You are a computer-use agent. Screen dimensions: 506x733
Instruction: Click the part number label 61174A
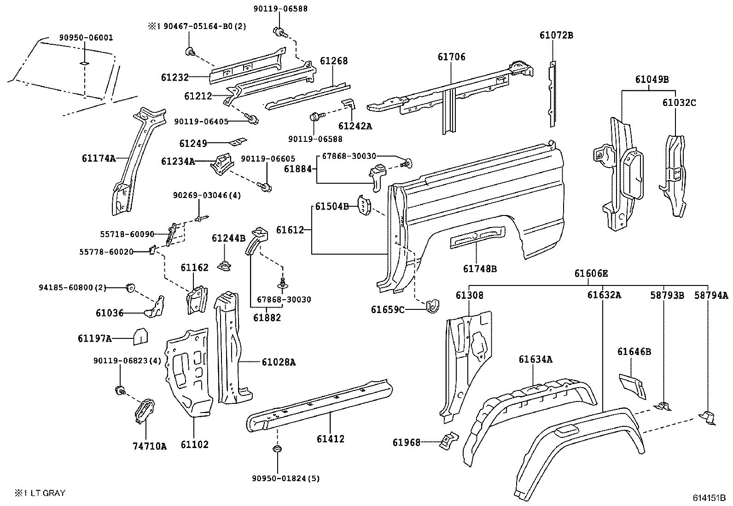99,158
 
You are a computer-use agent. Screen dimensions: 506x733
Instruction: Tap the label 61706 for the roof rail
451,57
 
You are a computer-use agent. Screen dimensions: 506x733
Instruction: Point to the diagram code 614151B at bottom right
709,498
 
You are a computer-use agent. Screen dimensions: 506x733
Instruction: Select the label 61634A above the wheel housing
535,360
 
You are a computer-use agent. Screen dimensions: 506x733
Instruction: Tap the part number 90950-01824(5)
285,478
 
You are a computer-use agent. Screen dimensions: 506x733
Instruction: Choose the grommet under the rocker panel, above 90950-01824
276,449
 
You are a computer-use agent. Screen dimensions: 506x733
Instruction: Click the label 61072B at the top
556,35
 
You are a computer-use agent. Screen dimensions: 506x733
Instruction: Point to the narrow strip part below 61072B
552,94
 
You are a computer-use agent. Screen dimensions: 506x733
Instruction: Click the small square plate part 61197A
140,337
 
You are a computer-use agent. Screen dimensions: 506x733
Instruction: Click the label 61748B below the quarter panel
480,269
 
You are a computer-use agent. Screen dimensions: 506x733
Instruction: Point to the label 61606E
591,273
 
